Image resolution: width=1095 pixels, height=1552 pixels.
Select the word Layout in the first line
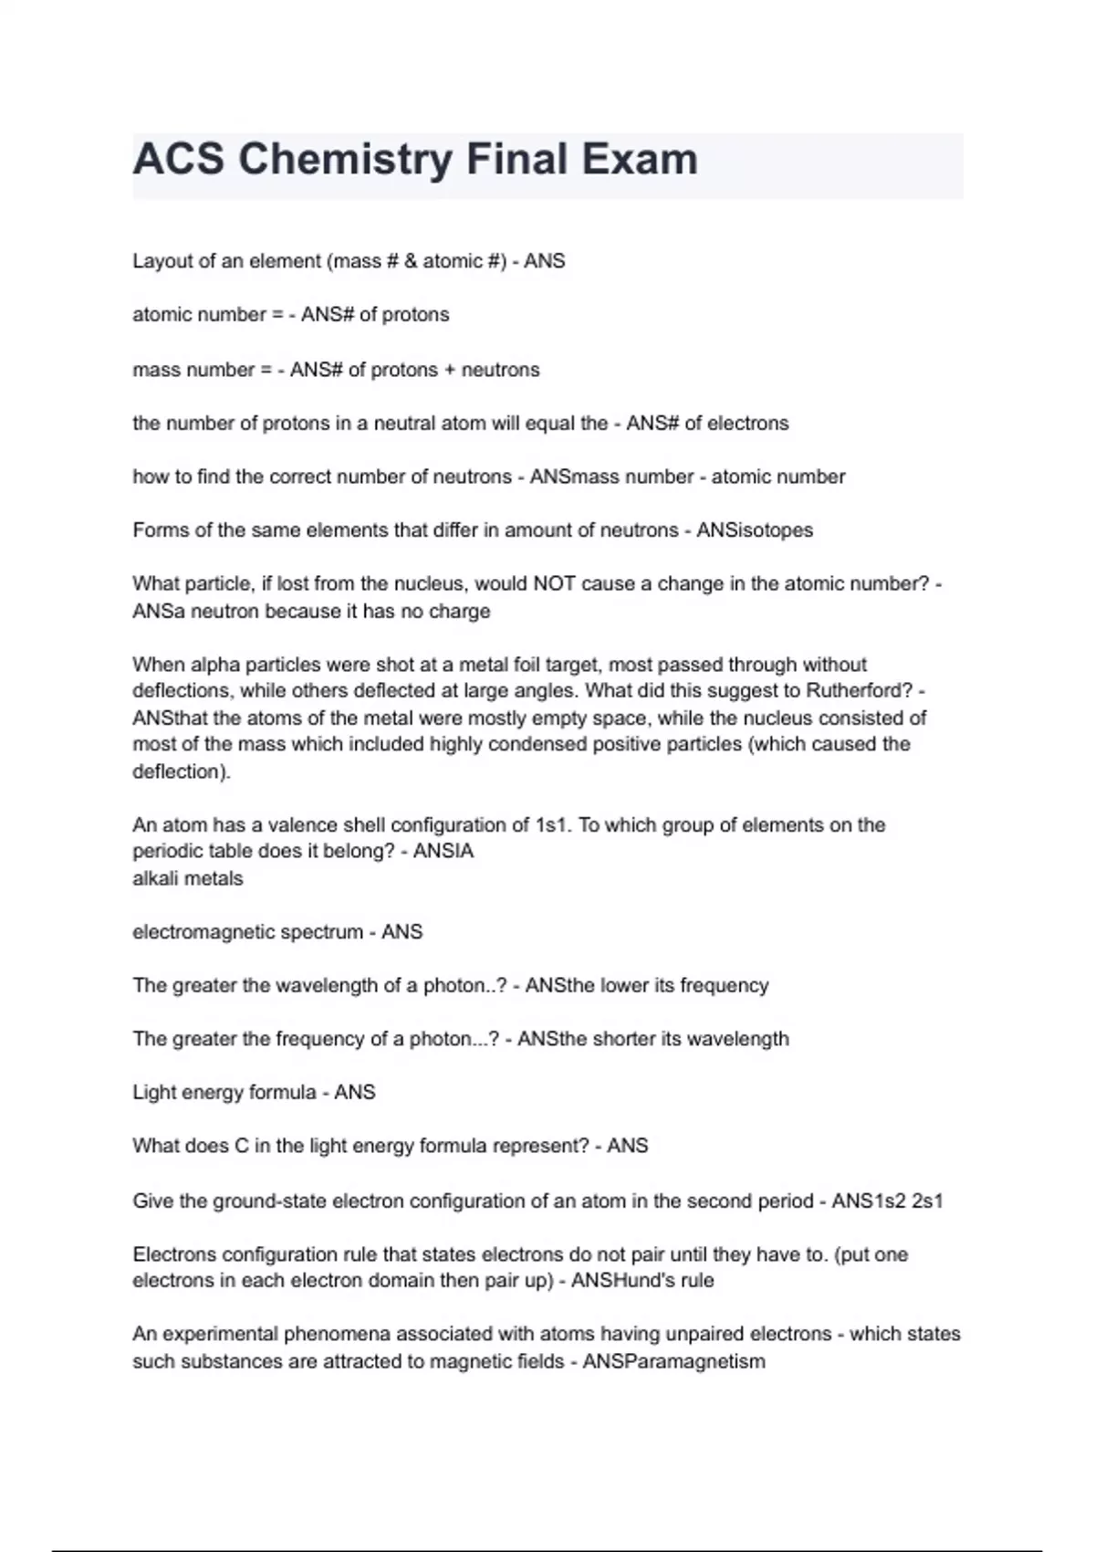161,261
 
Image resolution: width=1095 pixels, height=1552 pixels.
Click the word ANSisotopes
755,530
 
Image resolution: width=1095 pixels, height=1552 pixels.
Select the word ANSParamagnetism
673,1362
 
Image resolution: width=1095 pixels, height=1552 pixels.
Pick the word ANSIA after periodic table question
443,852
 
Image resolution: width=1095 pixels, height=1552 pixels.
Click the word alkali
156,879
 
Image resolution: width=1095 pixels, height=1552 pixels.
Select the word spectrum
321,932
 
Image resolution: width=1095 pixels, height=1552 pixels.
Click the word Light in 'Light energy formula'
153,1093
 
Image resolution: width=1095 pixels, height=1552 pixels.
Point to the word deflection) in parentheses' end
182,772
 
